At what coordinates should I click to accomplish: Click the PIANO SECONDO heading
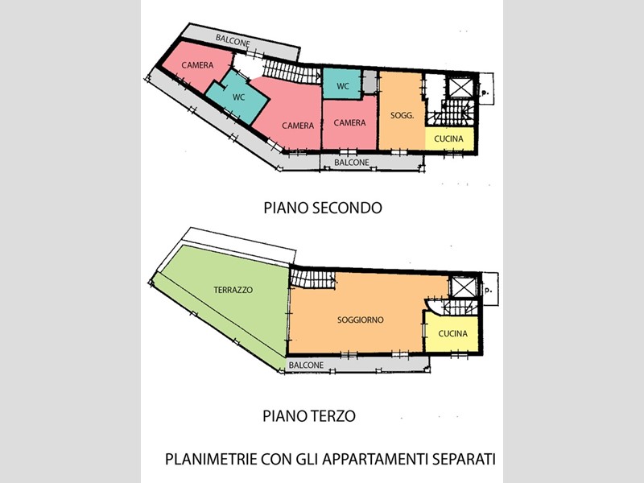[x=323, y=208]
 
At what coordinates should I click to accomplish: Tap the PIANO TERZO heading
[x=309, y=416]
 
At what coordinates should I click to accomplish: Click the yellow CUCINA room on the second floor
[x=449, y=138]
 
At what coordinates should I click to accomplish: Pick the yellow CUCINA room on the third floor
[x=452, y=332]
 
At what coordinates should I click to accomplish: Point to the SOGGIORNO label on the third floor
[x=361, y=320]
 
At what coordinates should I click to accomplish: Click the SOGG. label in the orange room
[x=402, y=115]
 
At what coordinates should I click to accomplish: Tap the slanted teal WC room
[x=237, y=97]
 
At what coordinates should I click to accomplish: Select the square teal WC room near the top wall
[x=342, y=85]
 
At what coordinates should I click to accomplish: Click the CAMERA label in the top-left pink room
[x=197, y=65]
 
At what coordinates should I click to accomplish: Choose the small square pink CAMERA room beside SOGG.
[x=349, y=123]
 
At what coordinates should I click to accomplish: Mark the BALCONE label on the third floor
[x=306, y=365]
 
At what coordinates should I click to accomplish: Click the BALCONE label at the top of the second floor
[x=233, y=40]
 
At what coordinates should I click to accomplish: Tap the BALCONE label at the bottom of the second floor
[x=352, y=163]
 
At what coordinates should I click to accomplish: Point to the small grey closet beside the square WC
[x=369, y=82]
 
